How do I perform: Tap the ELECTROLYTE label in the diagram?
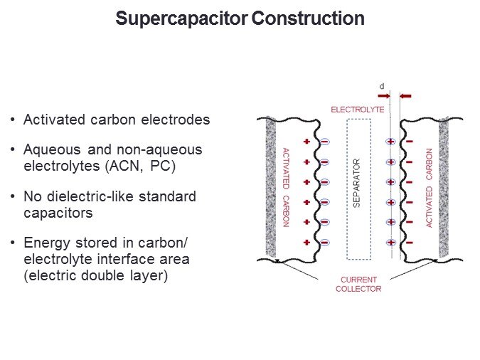[x=358, y=110]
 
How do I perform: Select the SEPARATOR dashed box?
[x=358, y=189]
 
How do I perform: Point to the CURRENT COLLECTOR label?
[x=358, y=284]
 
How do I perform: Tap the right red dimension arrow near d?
[x=406, y=95]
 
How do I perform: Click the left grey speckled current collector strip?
[x=270, y=188]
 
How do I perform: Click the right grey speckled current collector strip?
[x=444, y=188]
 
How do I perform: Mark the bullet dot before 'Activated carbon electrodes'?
[x=14, y=120]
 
